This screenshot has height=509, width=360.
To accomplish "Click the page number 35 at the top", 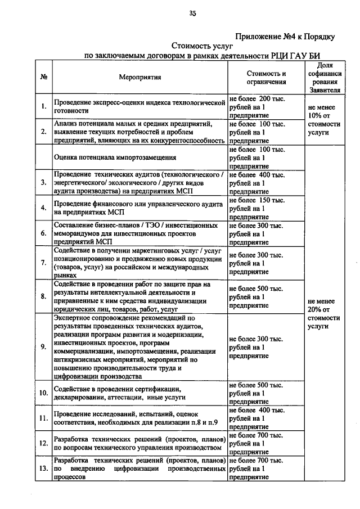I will click(x=192, y=13).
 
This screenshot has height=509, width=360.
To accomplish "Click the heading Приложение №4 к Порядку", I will click(x=285, y=37).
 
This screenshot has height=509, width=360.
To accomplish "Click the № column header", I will click(x=43, y=78).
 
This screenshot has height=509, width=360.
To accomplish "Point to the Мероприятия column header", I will click(x=140, y=78).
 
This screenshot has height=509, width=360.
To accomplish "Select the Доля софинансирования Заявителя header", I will click(x=322, y=78).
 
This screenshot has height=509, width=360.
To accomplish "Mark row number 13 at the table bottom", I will click(x=43, y=468).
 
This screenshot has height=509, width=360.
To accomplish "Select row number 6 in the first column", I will click(x=43, y=233).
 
